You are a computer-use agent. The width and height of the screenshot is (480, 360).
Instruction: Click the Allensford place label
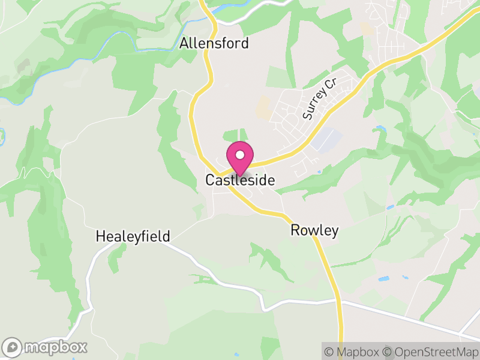pos(214,44)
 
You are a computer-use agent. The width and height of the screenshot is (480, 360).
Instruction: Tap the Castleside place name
pos(240,180)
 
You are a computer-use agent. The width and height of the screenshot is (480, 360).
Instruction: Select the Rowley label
pos(315,230)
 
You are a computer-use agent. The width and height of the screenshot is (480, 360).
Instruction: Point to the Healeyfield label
pos(133,236)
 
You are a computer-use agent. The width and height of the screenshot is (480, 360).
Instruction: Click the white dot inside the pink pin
pos(240,155)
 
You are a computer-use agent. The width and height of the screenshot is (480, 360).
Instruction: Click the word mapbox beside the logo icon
pos(56,347)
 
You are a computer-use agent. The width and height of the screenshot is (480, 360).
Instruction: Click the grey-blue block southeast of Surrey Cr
pos(326,140)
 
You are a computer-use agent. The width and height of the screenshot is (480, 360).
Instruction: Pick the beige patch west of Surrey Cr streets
pos(263,108)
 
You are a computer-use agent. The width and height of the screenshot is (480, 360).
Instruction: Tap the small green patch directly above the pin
pos(235,136)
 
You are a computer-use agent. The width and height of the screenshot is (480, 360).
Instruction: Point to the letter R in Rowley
pos(295,230)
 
